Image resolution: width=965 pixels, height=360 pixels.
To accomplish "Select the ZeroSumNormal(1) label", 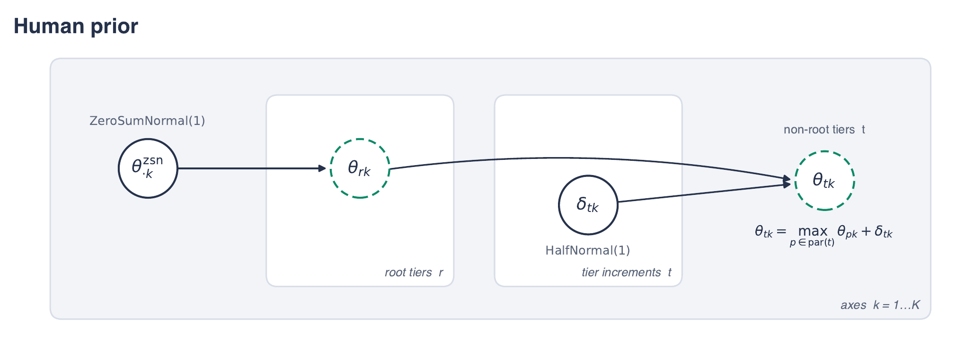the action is pos(147,121).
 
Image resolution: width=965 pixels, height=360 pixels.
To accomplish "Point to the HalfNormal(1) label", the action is pos(588,250).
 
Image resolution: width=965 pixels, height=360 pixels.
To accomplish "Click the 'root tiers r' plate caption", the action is pos(414,272).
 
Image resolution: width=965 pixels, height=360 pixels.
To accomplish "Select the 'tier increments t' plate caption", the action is pos(627,272).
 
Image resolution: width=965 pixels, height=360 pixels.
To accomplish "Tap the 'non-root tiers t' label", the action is pos(824,130).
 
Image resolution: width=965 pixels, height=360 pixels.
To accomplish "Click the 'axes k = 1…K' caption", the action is pos(880,305).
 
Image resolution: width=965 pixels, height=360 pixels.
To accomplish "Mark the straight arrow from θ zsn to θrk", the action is pos(252,168).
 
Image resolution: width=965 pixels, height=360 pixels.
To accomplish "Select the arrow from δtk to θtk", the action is pos(704,193).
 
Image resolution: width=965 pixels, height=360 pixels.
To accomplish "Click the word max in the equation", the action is pos(813,231).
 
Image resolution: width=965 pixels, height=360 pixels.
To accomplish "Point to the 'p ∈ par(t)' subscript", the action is pos(812,243).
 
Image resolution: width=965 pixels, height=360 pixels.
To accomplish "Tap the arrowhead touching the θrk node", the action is pos(322,168).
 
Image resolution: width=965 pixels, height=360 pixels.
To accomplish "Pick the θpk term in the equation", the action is pos(847,232).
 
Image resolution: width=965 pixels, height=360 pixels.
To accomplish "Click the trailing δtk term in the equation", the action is pos(883,232).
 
